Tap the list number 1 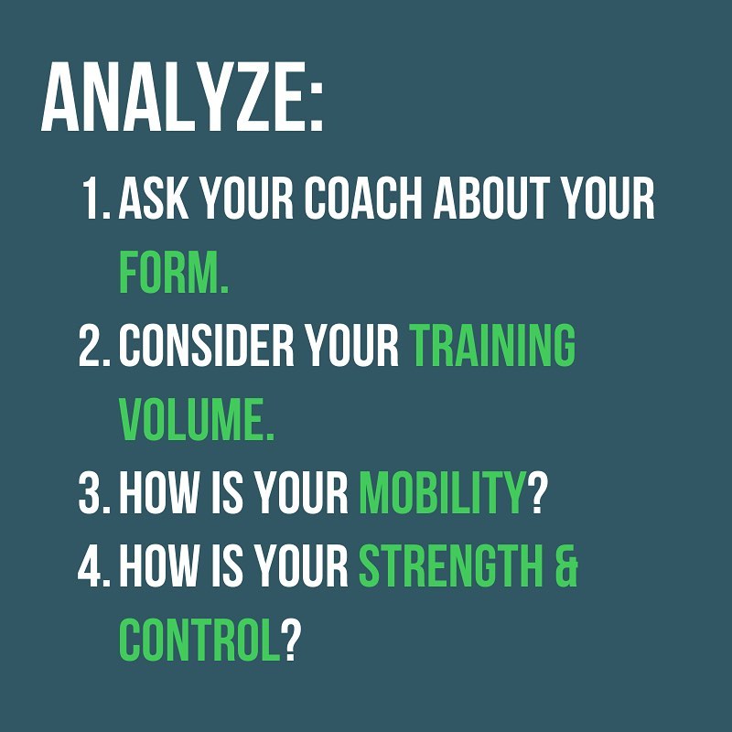pyautogui.click(x=92, y=199)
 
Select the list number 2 pyautogui.click(x=90, y=346)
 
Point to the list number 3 pyautogui.click(x=90, y=493)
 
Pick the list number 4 pyautogui.click(x=90, y=566)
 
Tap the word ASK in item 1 pyautogui.click(x=154, y=199)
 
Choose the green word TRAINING pyautogui.click(x=492, y=346)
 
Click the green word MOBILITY pyautogui.click(x=442, y=493)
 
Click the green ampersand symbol pyautogui.click(x=567, y=566)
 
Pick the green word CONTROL pyautogui.click(x=199, y=640)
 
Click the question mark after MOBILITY pyautogui.click(x=536, y=493)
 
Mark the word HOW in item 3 pyautogui.click(x=158, y=493)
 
